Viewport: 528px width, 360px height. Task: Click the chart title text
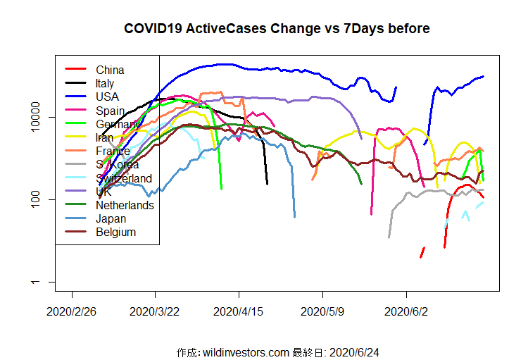277,29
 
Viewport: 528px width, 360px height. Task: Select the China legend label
110,70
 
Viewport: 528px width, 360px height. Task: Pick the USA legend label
107,97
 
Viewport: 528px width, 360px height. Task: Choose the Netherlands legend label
125,205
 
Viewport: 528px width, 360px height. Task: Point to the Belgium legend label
115,232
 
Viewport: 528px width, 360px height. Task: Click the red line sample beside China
75,70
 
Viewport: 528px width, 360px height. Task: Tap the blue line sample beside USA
75,97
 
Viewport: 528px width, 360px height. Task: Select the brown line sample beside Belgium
75,232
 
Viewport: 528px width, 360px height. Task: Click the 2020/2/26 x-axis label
72,311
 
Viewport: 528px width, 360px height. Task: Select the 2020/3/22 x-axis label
155,311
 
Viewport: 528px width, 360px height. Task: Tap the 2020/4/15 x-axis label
239,311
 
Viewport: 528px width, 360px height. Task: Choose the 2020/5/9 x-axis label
322,311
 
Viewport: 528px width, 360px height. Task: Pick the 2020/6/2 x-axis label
406,311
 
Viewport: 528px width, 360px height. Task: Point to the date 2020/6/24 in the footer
359,352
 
